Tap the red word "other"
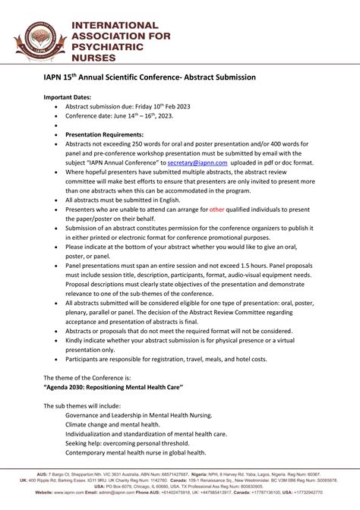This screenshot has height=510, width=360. click(216, 209)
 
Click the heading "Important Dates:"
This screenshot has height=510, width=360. click(67, 97)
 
